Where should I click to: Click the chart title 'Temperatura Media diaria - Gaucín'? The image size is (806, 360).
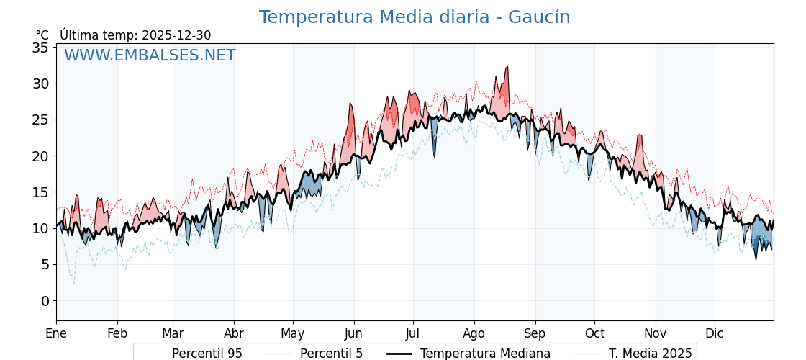point(415,17)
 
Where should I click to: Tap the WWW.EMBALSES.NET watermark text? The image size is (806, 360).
point(150,55)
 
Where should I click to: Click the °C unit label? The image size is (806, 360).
point(42,35)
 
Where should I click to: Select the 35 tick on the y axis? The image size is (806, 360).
point(40,48)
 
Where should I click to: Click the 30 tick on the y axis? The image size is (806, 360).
point(40,84)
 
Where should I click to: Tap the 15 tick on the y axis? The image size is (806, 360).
point(40,192)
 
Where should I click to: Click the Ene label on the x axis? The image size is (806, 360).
point(56,333)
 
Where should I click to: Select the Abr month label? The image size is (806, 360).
point(234,333)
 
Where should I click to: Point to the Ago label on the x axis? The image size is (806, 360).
point(474,333)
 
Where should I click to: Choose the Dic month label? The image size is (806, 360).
point(715,333)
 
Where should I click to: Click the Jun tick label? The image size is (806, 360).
point(354,333)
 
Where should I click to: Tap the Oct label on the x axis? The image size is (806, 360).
point(594,333)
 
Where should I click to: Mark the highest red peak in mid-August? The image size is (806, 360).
point(507,66)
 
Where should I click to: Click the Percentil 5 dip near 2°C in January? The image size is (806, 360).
point(73,284)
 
